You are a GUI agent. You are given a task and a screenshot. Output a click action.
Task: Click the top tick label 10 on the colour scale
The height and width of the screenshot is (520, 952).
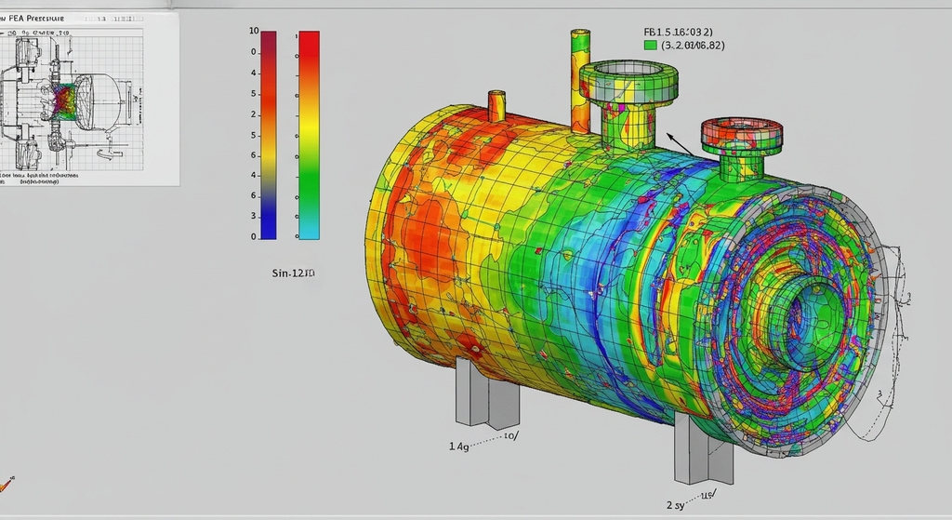pos(254,32)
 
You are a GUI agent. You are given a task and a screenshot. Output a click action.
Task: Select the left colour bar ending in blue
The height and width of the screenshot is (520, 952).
pos(269,135)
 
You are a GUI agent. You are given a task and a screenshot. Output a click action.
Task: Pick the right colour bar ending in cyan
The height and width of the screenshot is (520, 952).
pos(309,135)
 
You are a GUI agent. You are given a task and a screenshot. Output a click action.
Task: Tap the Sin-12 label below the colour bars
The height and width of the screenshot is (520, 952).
pos(292,273)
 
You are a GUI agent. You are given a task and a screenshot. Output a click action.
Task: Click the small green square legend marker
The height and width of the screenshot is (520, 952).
pos(650,45)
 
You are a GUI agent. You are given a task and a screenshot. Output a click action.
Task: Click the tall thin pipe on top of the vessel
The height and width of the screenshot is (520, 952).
pos(580,79)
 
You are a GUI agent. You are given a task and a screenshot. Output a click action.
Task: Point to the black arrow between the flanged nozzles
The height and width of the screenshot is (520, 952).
pos(678,143)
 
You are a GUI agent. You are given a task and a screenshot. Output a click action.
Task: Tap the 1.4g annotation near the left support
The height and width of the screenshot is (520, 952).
pos(458,447)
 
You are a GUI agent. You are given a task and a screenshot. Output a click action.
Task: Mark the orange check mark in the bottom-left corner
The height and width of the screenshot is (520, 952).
pos(7,484)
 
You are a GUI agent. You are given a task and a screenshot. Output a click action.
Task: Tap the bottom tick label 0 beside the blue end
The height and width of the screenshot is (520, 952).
pos(254,237)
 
